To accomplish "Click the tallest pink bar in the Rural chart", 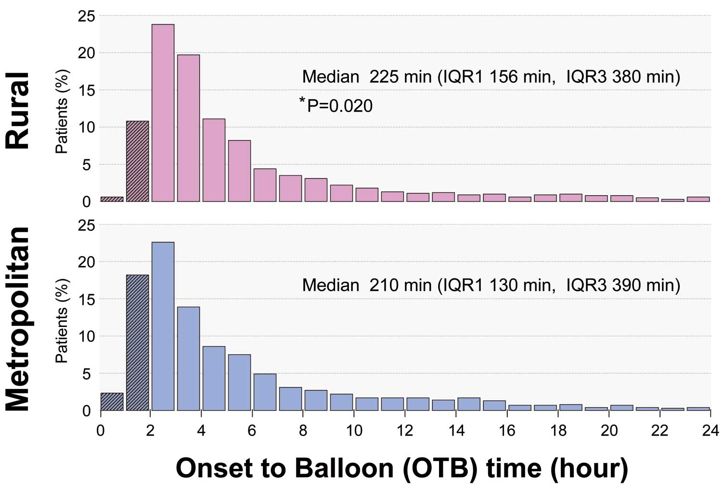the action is (x=163, y=113).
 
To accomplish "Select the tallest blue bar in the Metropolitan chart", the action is (x=163, y=326).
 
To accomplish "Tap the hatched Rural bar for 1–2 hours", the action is (x=138, y=161).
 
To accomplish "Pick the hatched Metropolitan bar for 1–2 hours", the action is (x=138, y=343).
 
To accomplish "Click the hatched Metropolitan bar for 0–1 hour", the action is (x=112, y=401).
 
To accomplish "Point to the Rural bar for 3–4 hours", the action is (x=189, y=128).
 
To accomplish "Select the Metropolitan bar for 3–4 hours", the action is (x=189, y=359).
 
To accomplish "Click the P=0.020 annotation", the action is (x=336, y=105).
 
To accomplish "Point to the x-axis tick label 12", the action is (x=405, y=431).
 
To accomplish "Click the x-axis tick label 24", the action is (x=710, y=431).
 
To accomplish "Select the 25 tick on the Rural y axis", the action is (x=87, y=16).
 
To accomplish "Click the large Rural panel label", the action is (x=18, y=111).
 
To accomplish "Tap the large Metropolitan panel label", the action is (x=18, y=319).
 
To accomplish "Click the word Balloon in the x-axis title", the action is (x=344, y=468).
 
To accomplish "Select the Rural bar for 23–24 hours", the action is (x=698, y=199).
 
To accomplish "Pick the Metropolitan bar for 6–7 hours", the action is (x=265, y=392).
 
